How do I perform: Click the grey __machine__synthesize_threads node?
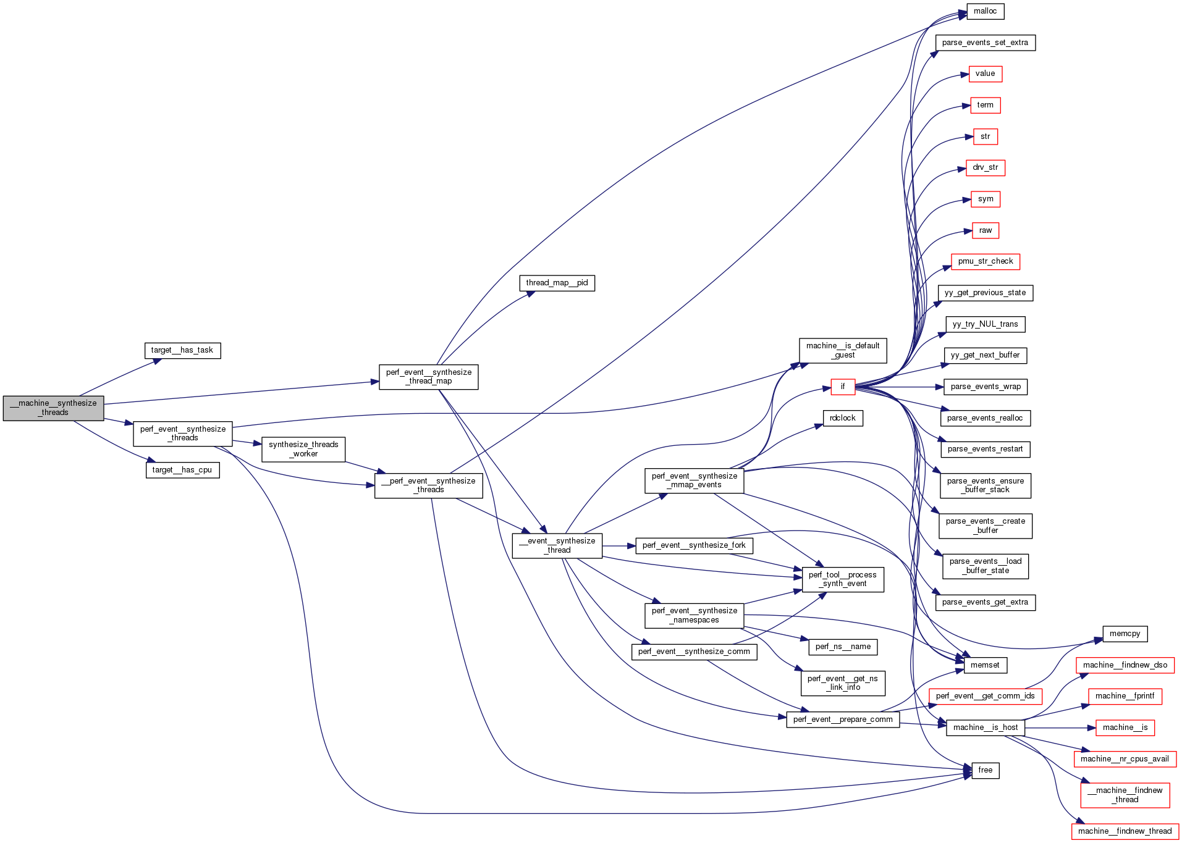[x=53, y=408]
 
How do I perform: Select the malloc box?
[x=985, y=11]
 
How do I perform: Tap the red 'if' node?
[x=842, y=387]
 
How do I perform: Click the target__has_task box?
[x=182, y=350]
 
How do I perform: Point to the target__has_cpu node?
[x=182, y=470]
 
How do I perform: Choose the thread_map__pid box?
[x=556, y=283]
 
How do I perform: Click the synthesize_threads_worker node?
[x=303, y=449]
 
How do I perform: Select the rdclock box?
[x=842, y=418]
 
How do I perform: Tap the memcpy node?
[x=1125, y=634]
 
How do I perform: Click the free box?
[x=985, y=770]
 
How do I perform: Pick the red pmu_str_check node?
[x=985, y=261]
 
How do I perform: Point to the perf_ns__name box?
[x=843, y=647]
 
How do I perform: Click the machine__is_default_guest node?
[x=842, y=350]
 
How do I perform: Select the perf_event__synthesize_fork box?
[x=694, y=545]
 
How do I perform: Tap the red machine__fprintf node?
[x=1125, y=696]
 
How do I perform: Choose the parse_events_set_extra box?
[x=985, y=43]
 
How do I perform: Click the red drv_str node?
[x=985, y=167]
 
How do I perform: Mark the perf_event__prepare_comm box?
[x=843, y=719]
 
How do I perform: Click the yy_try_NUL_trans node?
[x=985, y=324]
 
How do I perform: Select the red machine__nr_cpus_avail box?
[x=1125, y=759]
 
